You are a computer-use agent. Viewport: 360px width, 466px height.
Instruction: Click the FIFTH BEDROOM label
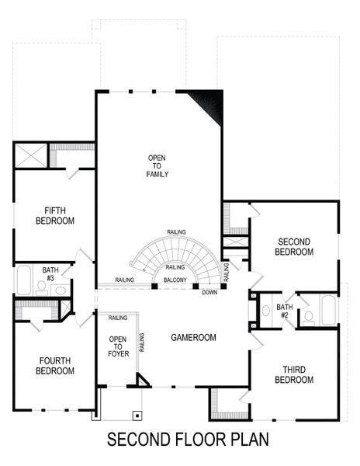point(55,216)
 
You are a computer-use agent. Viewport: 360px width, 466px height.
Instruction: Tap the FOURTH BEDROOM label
point(55,366)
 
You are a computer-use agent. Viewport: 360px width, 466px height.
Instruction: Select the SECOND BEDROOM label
point(295,247)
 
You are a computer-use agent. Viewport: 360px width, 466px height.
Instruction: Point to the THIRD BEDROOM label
point(294,374)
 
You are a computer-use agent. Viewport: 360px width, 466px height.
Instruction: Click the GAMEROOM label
point(194,337)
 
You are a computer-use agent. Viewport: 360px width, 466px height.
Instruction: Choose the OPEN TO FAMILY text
point(157,166)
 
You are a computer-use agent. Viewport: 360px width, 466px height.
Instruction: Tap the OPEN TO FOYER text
point(118,346)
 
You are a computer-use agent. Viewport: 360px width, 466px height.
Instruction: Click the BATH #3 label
point(50,273)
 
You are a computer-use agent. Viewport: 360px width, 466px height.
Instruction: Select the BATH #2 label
point(285,311)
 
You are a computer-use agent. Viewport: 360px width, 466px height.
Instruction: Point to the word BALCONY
point(175,280)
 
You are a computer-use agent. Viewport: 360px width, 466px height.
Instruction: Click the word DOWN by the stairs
point(209,292)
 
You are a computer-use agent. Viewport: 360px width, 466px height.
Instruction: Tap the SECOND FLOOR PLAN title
point(188,440)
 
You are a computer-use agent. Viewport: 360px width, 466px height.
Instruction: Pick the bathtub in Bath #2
point(327,311)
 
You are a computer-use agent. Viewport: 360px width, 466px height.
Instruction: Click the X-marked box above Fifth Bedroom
point(33,155)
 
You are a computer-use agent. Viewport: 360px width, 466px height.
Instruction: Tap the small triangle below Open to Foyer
point(142,380)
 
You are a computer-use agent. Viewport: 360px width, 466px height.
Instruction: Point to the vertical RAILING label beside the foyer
point(141,342)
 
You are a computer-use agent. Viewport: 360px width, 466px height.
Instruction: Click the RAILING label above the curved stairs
point(176,232)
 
